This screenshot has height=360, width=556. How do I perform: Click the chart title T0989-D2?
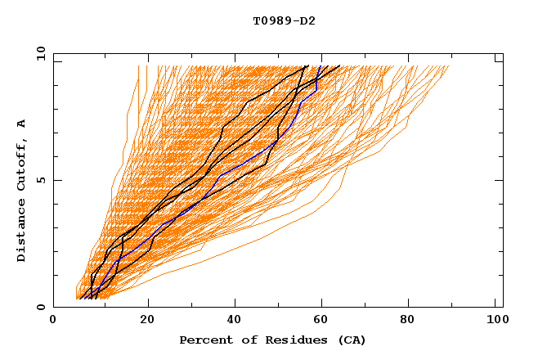[x=284, y=21]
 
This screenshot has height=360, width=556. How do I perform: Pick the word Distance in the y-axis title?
[x=22, y=232]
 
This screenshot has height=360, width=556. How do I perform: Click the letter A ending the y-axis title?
[x=22, y=124]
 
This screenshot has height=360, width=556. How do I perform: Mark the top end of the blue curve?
[x=320, y=66]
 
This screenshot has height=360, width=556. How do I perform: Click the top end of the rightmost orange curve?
[x=449, y=66]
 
